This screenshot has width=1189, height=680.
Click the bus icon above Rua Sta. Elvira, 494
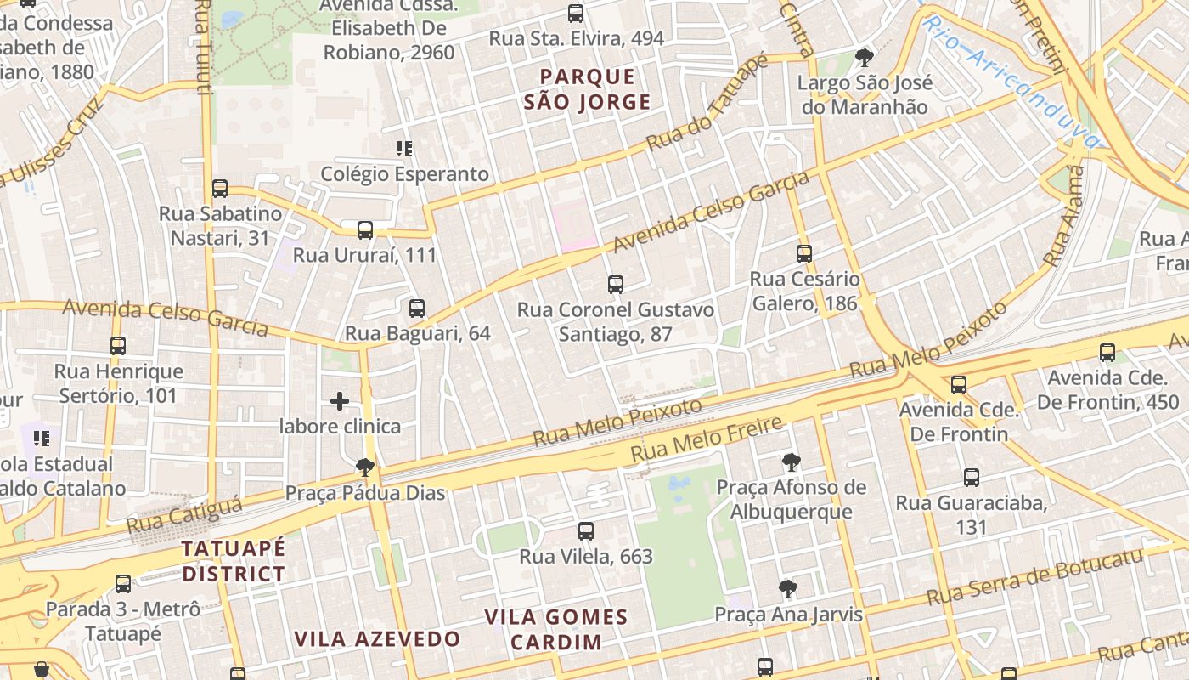point(576,14)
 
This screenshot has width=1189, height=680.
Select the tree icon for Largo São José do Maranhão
point(865,58)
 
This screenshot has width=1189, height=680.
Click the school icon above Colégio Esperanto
point(404,149)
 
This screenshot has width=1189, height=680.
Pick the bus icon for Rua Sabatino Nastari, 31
point(220,188)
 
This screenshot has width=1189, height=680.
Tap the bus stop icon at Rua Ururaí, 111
point(365,229)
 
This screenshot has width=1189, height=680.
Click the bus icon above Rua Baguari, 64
point(416,308)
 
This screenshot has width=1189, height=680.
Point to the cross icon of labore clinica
point(340,401)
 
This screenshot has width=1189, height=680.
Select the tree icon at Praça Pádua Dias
point(365,467)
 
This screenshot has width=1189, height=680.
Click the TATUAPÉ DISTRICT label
point(234,561)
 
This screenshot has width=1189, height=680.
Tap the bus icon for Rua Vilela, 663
point(586,531)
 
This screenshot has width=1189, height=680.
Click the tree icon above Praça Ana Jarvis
point(788,588)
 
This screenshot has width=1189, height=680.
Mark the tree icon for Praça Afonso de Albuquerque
point(791,462)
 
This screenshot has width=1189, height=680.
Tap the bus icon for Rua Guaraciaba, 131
point(972,478)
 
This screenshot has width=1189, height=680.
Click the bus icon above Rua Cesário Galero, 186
point(804,253)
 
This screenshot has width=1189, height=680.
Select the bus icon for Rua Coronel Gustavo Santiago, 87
point(616,284)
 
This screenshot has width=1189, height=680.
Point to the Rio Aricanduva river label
point(1011,72)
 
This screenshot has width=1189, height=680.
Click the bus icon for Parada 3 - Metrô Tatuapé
point(123,584)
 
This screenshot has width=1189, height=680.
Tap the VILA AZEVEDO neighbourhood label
point(377,639)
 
